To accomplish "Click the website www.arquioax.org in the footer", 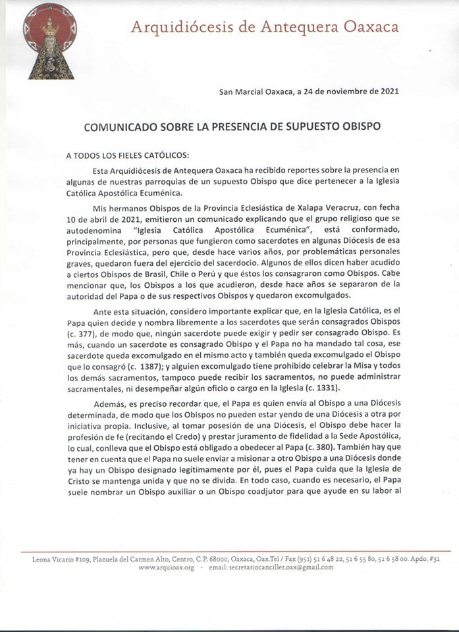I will pos(166,567).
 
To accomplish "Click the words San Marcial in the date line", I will pos(241,91).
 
